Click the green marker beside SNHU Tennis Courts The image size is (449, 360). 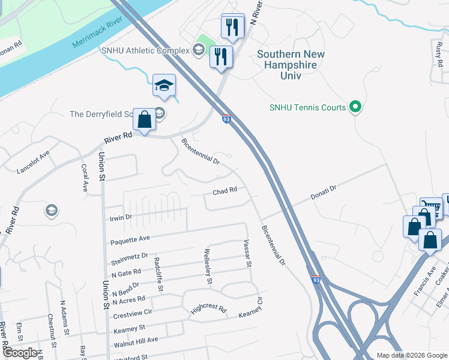click(x=355, y=107)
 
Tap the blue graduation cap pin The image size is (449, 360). click(x=163, y=86)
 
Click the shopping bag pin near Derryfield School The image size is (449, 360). click(x=145, y=119)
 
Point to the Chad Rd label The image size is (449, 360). click(x=225, y=191)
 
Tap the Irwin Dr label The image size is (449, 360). click(x=120, y=217)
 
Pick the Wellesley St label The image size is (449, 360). click(x=208, y=266)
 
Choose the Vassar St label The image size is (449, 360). click(x=247, y=253)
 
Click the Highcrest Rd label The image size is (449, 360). click(x=208, y=310)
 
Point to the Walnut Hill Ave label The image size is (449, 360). click(x=135, y=340)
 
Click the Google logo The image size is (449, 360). click(x=19, y=353)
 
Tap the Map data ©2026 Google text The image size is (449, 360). click(x=412, y=355)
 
